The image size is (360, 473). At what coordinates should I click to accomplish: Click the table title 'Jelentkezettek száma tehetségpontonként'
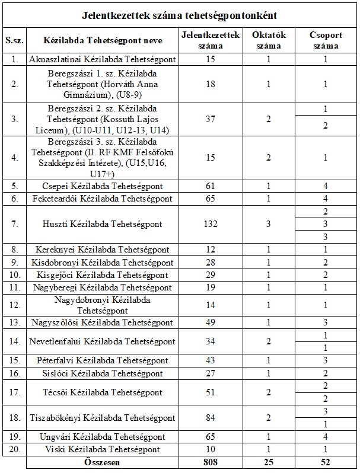(x=180, y=14)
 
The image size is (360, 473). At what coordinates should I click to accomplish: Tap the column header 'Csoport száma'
(x=326, y=40)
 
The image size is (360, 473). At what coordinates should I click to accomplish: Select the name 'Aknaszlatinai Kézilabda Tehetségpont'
(x=102, y=59)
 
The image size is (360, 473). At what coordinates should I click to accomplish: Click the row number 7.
(x=14, y=224)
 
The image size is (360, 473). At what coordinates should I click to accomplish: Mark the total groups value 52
(x=326, y=462)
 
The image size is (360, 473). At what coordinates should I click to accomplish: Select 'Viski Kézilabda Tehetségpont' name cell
(x=102, y=449)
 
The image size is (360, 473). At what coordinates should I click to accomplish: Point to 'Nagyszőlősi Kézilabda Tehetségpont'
(x=102, y=322)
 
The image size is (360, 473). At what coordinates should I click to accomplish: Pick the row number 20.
(x=14, y=449)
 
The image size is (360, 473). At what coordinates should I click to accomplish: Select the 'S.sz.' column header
(x=14, y=40)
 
